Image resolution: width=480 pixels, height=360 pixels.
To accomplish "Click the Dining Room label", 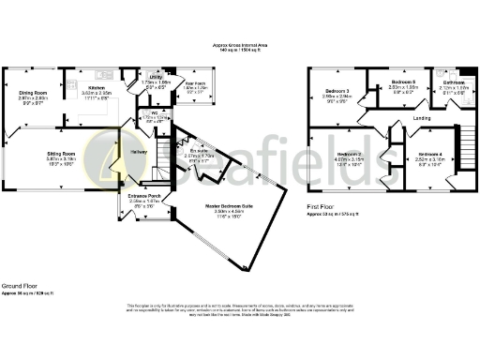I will [x=34, y=93].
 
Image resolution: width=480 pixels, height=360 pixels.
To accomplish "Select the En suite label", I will [x=198, y=150].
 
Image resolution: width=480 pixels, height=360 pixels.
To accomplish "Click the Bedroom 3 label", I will [x=337, y=90].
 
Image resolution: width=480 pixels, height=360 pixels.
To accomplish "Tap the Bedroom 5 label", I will [x=403, y=82].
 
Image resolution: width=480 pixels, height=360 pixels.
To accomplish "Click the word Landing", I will [x=422, y=117].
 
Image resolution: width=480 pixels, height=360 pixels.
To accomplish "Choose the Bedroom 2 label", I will [x=350, y=154].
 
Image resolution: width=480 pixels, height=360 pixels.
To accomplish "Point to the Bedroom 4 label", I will [x=430, y=154].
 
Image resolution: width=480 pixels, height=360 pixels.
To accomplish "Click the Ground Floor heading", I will [x=19, y=284].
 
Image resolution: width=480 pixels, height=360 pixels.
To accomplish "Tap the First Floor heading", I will [x=322, y=207].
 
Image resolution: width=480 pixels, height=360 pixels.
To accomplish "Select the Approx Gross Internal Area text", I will [x=240, y=45].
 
